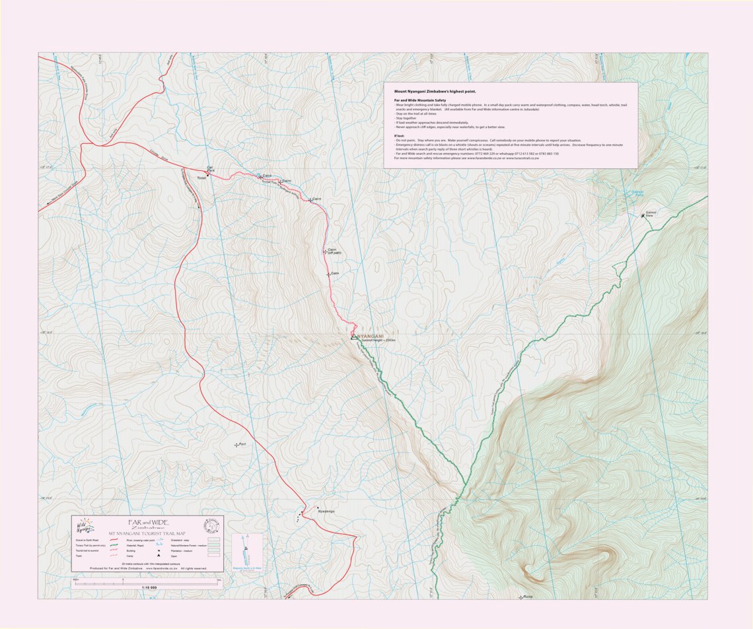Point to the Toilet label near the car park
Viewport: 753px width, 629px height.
point(201,178)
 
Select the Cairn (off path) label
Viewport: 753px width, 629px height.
point(333,251)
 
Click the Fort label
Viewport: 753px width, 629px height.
point(242,444)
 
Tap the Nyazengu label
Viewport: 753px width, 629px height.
point(326,512)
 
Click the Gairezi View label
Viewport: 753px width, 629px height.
point(649,214)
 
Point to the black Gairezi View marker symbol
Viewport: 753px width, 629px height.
point(643,216)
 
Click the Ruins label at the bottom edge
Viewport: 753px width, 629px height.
point(527,597)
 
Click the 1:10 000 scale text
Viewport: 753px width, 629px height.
point(149,587)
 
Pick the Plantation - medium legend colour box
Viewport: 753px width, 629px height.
point(213,550)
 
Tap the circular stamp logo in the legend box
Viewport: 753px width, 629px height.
point(211,526)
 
